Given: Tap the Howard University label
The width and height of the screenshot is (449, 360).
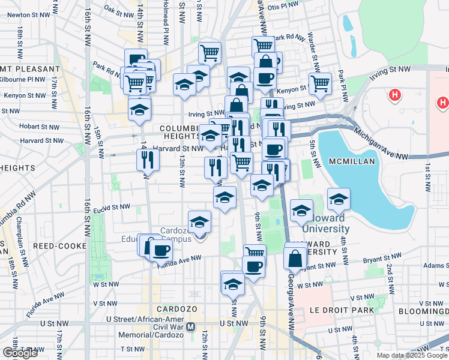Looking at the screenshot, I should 326,223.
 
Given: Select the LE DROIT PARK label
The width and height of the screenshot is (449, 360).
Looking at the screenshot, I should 343,310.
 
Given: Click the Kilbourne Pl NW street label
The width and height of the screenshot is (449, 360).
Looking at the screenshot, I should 22,79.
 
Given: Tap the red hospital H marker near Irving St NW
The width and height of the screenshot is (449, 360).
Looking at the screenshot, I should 394,95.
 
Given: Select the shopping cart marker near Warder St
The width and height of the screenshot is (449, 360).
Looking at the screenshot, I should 320,83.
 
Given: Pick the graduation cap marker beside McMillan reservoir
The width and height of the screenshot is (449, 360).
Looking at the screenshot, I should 339,199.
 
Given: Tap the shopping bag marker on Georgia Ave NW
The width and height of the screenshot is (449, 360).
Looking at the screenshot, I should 295,259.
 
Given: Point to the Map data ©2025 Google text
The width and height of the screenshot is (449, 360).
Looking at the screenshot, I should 412,355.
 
